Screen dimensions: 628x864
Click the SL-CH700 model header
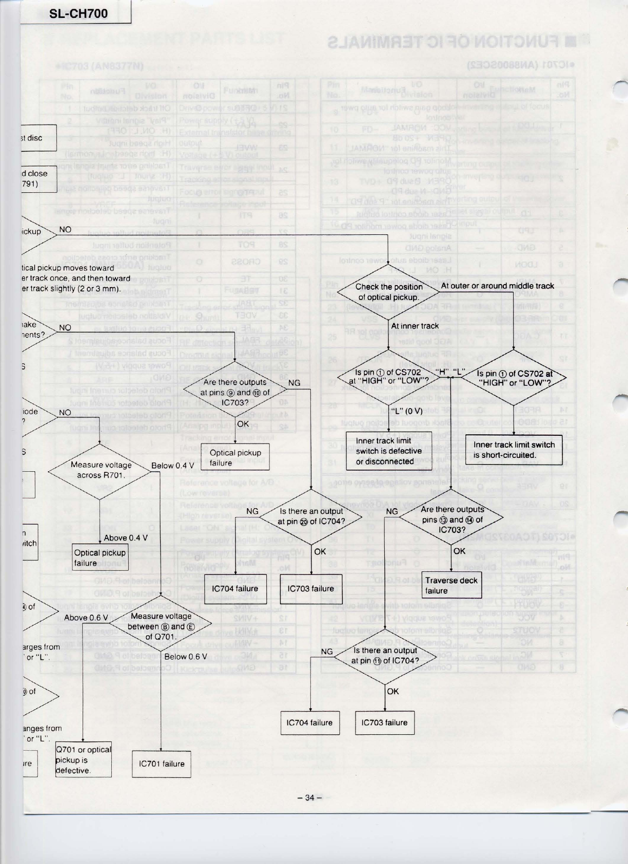click(x=78, y=14)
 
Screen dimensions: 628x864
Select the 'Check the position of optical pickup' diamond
click(x=389, y=292)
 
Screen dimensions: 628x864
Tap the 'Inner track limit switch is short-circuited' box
click(x=514, y=450)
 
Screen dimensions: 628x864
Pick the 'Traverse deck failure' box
click(x=452, y=585)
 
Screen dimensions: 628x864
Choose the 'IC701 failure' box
click(x=162, y=763)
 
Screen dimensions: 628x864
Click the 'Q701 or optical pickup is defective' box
click(x=83, y=760)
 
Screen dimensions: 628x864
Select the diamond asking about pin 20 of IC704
click(x=311, y=516)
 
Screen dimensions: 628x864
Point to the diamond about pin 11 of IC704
click(x=385, y=655)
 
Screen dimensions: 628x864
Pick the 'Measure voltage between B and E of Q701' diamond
click(x=161, y=626)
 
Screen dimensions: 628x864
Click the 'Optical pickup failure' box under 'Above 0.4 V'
click(x=100, y=557)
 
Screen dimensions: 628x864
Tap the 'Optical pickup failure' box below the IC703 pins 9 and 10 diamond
click(x=235, y=457)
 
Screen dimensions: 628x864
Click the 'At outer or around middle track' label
click(x=497, y=286)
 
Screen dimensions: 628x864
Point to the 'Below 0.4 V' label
click(x=172, y=466)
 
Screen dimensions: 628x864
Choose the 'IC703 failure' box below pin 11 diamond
click(x=384, y=722)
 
